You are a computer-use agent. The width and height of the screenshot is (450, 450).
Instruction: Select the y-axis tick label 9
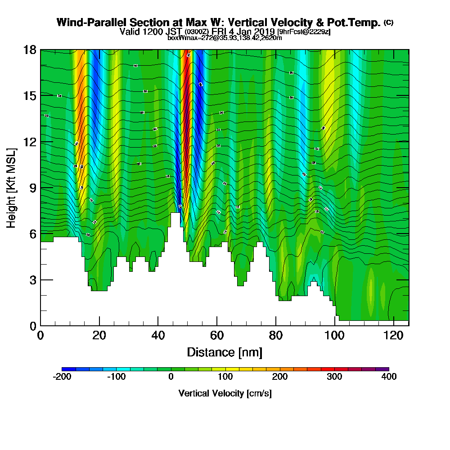coord(33,188)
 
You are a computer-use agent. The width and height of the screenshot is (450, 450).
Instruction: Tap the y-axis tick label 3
coord(33,280)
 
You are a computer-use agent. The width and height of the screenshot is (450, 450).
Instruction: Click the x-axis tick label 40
coord(158,336)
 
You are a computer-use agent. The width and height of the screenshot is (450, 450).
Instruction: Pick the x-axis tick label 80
coord(275,336)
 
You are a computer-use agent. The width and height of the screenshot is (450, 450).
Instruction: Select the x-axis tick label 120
coord(393,336)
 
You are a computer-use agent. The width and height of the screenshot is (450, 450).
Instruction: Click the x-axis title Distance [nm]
coord(225,352)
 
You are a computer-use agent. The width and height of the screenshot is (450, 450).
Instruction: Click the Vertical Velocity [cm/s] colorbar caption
coord(225,393)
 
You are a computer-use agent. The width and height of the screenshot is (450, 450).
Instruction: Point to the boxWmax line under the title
coord(225,38)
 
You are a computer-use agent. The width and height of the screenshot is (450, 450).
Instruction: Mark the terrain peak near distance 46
coord(175,214)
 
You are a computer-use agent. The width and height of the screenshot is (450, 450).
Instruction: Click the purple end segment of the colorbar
coord(382,369)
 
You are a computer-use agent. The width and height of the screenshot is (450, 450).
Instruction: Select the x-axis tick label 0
coord(40,336)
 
